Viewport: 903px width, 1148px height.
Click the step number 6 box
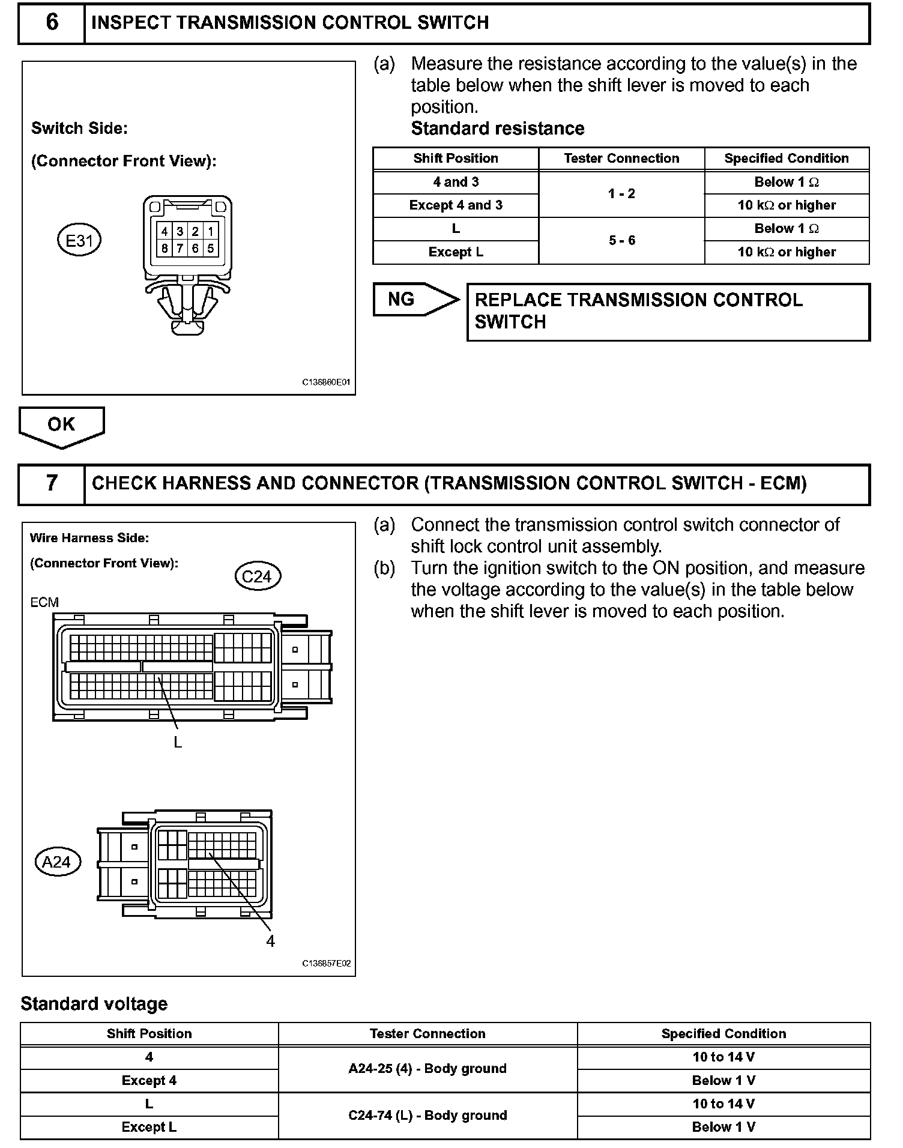(x=52, y=23)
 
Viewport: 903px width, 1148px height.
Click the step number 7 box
(x=52, y=484)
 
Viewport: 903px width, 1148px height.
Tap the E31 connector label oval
(x=79, y=241)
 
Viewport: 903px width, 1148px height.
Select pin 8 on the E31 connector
(x=165, y=248)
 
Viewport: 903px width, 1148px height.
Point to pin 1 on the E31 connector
(x=211, y=231)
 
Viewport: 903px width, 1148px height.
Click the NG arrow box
(x=415, y=299)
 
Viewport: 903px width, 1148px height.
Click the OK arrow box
(x=61, y=425)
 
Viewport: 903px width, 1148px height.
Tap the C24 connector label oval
(x=257, y=576)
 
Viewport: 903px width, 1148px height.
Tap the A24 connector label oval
(x=57, y=862)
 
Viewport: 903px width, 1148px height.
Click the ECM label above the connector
(x=44, y=602)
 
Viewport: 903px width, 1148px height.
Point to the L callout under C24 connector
(x=178, y=743)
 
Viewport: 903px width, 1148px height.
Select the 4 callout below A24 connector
(x=270, y=941)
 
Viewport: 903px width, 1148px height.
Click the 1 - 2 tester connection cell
(x=621, y=194)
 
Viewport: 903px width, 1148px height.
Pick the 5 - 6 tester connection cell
(x=621, y=241)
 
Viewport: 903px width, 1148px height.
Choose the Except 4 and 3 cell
(x=456, y=205)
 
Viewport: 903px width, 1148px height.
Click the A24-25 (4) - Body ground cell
(x=427, y=1068)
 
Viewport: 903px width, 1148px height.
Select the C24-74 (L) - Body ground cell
(x=427, y=1115)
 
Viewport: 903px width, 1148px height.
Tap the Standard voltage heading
(x=94, y=1004)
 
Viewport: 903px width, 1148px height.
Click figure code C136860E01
(x=326, y=382)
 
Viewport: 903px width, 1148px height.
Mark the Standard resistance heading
(x=498, y=128)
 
